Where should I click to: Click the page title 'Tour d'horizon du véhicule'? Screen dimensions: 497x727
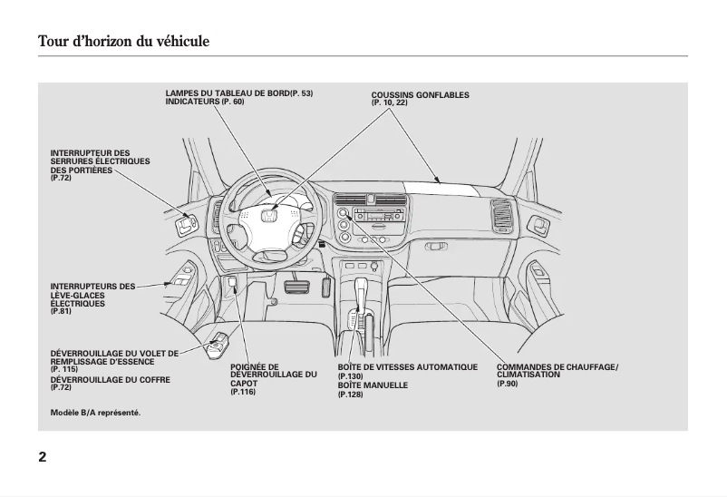(x=123, y=42)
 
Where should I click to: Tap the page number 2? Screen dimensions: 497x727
(x=43, y=455)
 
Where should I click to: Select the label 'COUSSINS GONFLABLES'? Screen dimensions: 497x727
(x=420, y=95)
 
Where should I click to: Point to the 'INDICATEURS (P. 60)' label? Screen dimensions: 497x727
(x=204, y=102)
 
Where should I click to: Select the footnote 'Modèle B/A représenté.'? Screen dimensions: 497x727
(x=95, y=413)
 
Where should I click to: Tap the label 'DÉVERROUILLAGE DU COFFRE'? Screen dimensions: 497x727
(x=110, y=379)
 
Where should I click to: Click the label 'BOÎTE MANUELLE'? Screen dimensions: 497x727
(x=373, y=385)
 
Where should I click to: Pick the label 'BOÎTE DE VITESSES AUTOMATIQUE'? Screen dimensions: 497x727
(x=407, y=367)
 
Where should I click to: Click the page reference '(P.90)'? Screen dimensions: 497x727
(x=507, y=385)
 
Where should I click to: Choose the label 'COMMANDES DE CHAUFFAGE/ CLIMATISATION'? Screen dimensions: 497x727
(x=557, y=370)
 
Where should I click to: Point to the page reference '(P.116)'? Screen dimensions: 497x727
(x=243, y=391)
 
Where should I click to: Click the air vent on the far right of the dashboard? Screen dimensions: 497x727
(x=500, y=216)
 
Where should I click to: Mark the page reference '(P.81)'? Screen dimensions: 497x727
(x=60, y=311)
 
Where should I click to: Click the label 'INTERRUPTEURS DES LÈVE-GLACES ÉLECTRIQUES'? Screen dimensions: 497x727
(x=92, y=295)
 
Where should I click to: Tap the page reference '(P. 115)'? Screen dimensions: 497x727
(x=63, y=369)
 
